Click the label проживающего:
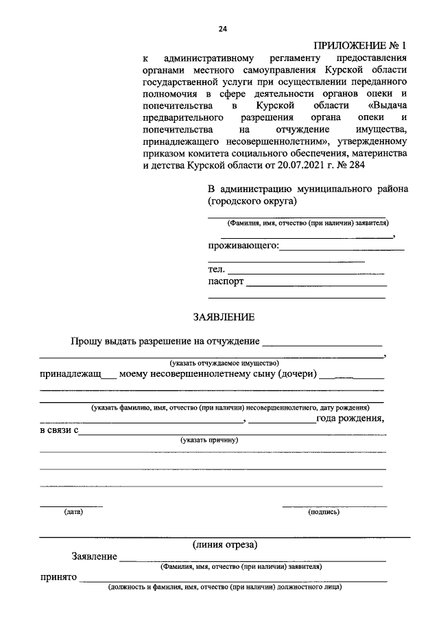244,246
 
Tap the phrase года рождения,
350,418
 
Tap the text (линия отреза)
225,545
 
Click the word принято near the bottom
58,578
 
